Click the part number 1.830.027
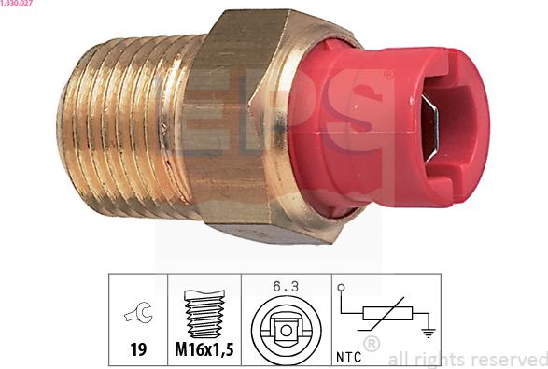coord(17,5)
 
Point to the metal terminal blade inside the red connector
coord(432,126)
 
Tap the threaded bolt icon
coord(203,316)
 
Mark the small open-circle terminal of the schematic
coord(341,288)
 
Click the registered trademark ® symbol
coord(371,344)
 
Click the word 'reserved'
coord(512,358)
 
